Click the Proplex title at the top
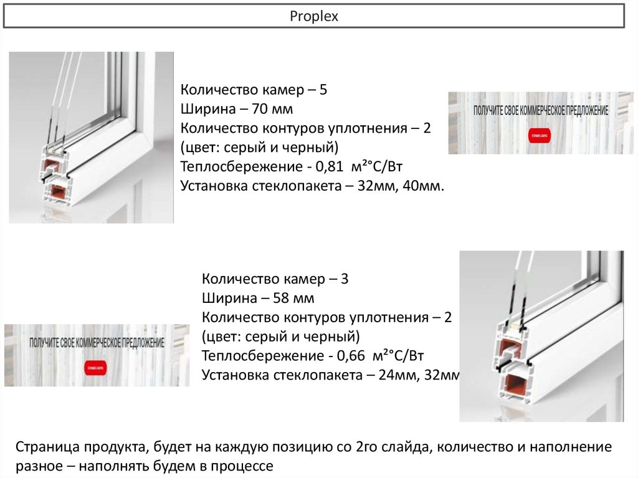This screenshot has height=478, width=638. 313,17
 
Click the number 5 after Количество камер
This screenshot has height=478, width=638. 323,90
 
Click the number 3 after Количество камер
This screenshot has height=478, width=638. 345,279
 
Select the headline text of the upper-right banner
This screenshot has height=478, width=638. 540,110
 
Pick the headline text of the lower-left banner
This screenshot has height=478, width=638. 97,343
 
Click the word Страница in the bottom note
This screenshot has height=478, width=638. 48,447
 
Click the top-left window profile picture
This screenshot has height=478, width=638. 91,137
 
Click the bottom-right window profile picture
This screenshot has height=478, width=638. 541,336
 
